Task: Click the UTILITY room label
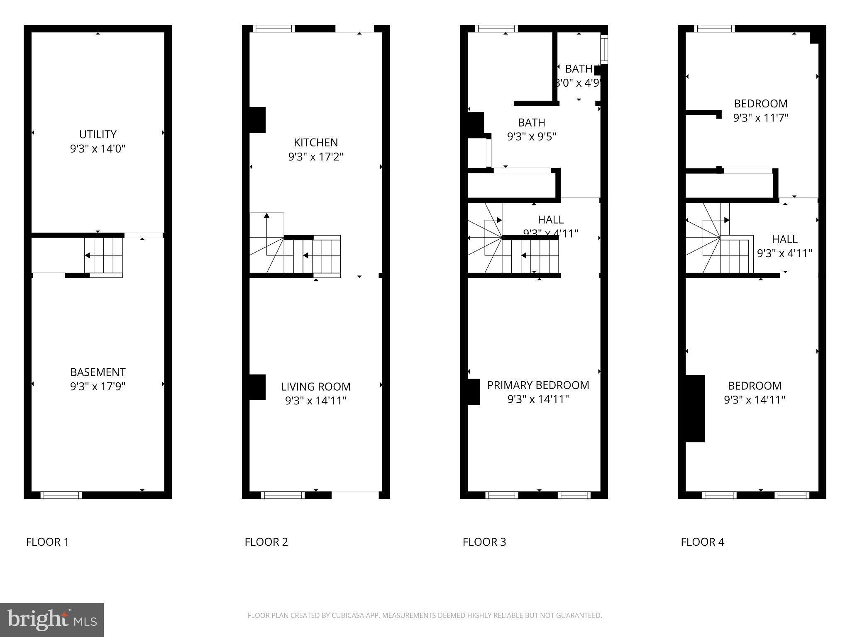98,134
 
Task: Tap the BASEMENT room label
98,372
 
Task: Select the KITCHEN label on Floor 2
315,143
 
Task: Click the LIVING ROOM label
315,387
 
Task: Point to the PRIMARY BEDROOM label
538,385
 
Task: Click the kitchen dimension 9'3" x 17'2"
315,157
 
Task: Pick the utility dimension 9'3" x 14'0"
98,148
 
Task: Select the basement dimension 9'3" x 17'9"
98,387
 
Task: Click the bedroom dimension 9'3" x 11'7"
760,118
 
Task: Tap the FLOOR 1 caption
47,542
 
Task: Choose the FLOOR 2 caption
266,542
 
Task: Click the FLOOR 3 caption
484,542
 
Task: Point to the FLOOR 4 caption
702,542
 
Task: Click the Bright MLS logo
52,620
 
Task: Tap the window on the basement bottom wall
61,495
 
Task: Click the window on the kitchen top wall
274,29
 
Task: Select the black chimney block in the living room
257,387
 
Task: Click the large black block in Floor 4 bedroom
695,408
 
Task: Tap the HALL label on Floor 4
784,239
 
